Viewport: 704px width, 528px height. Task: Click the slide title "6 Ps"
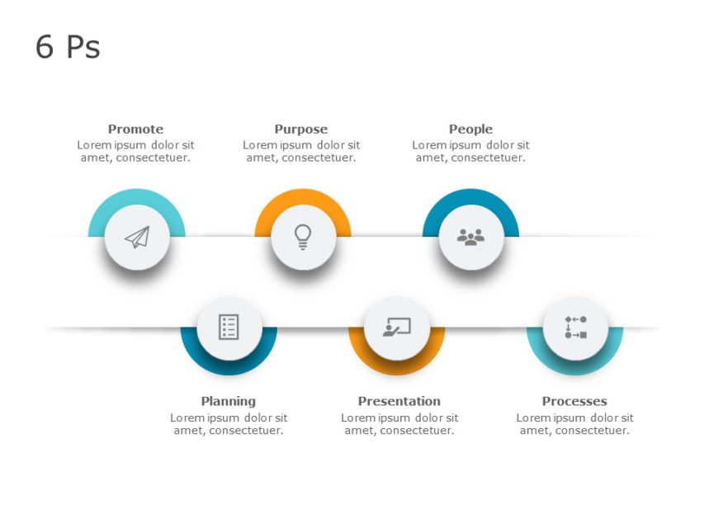[x=68, y=48]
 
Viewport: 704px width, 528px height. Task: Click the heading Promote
[x=135, y=130]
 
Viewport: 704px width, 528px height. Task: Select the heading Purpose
[x=300, y=130]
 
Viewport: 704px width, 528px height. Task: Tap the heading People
[x=470, y=130]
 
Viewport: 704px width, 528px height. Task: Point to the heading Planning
[x=229, y=402]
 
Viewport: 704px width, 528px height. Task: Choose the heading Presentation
[x=399, y=402]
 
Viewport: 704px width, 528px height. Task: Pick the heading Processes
[x=574, y=402]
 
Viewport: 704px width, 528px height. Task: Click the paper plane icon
[x=137, y=238]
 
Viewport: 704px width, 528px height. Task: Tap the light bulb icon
[x=303, y=237]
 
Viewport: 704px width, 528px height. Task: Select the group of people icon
[x=471, y=238]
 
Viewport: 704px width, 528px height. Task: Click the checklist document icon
[x=229, y=328]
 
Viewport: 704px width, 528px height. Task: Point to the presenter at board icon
[x=396, y=328]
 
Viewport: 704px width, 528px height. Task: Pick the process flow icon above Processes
[x=575, y=328]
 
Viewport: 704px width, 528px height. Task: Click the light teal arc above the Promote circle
[x=136, y=197]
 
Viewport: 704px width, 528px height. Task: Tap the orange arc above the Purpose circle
[x=303, y=197]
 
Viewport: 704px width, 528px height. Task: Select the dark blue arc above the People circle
[x=470, y=197]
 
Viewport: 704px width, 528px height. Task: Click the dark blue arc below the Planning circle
[x=229, y=367]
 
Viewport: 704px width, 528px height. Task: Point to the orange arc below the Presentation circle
[x=396, y=367]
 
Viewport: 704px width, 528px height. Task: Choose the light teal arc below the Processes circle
[x=575, y=367]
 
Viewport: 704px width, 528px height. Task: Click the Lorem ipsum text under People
[x=470, y=152]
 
